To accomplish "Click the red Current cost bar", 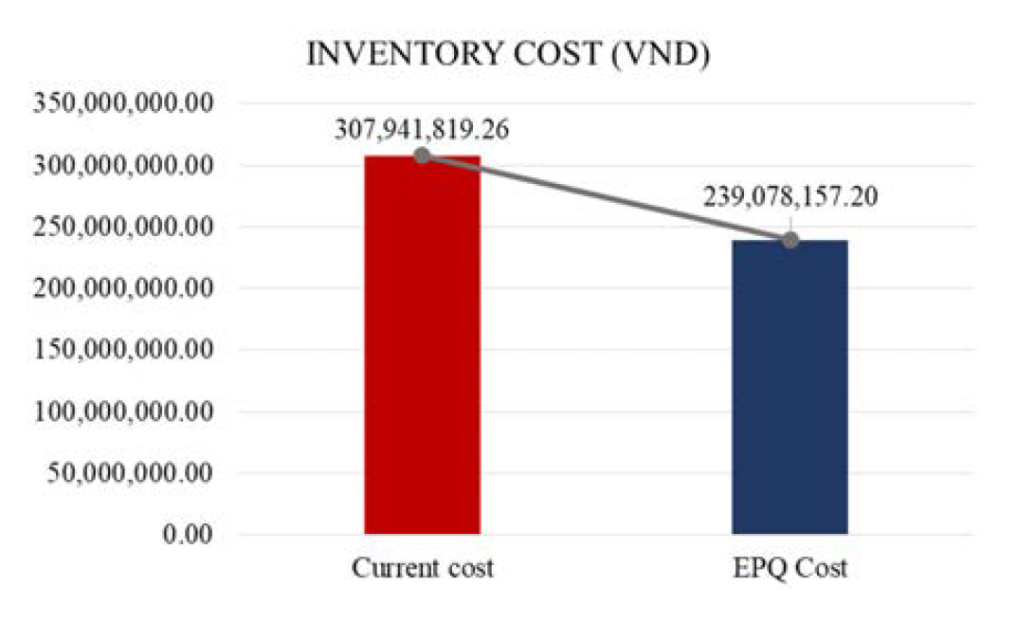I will [422, 346].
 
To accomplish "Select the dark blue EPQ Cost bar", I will [790, 389].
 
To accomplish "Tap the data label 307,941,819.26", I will [422, 127].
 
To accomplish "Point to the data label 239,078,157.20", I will [790, 196].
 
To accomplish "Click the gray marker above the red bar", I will [422, 155].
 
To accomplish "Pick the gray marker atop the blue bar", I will [790, 240].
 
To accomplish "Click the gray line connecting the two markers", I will [606, 197].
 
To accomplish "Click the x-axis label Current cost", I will [423, 570].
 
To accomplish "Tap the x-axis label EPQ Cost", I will [790, 570].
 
